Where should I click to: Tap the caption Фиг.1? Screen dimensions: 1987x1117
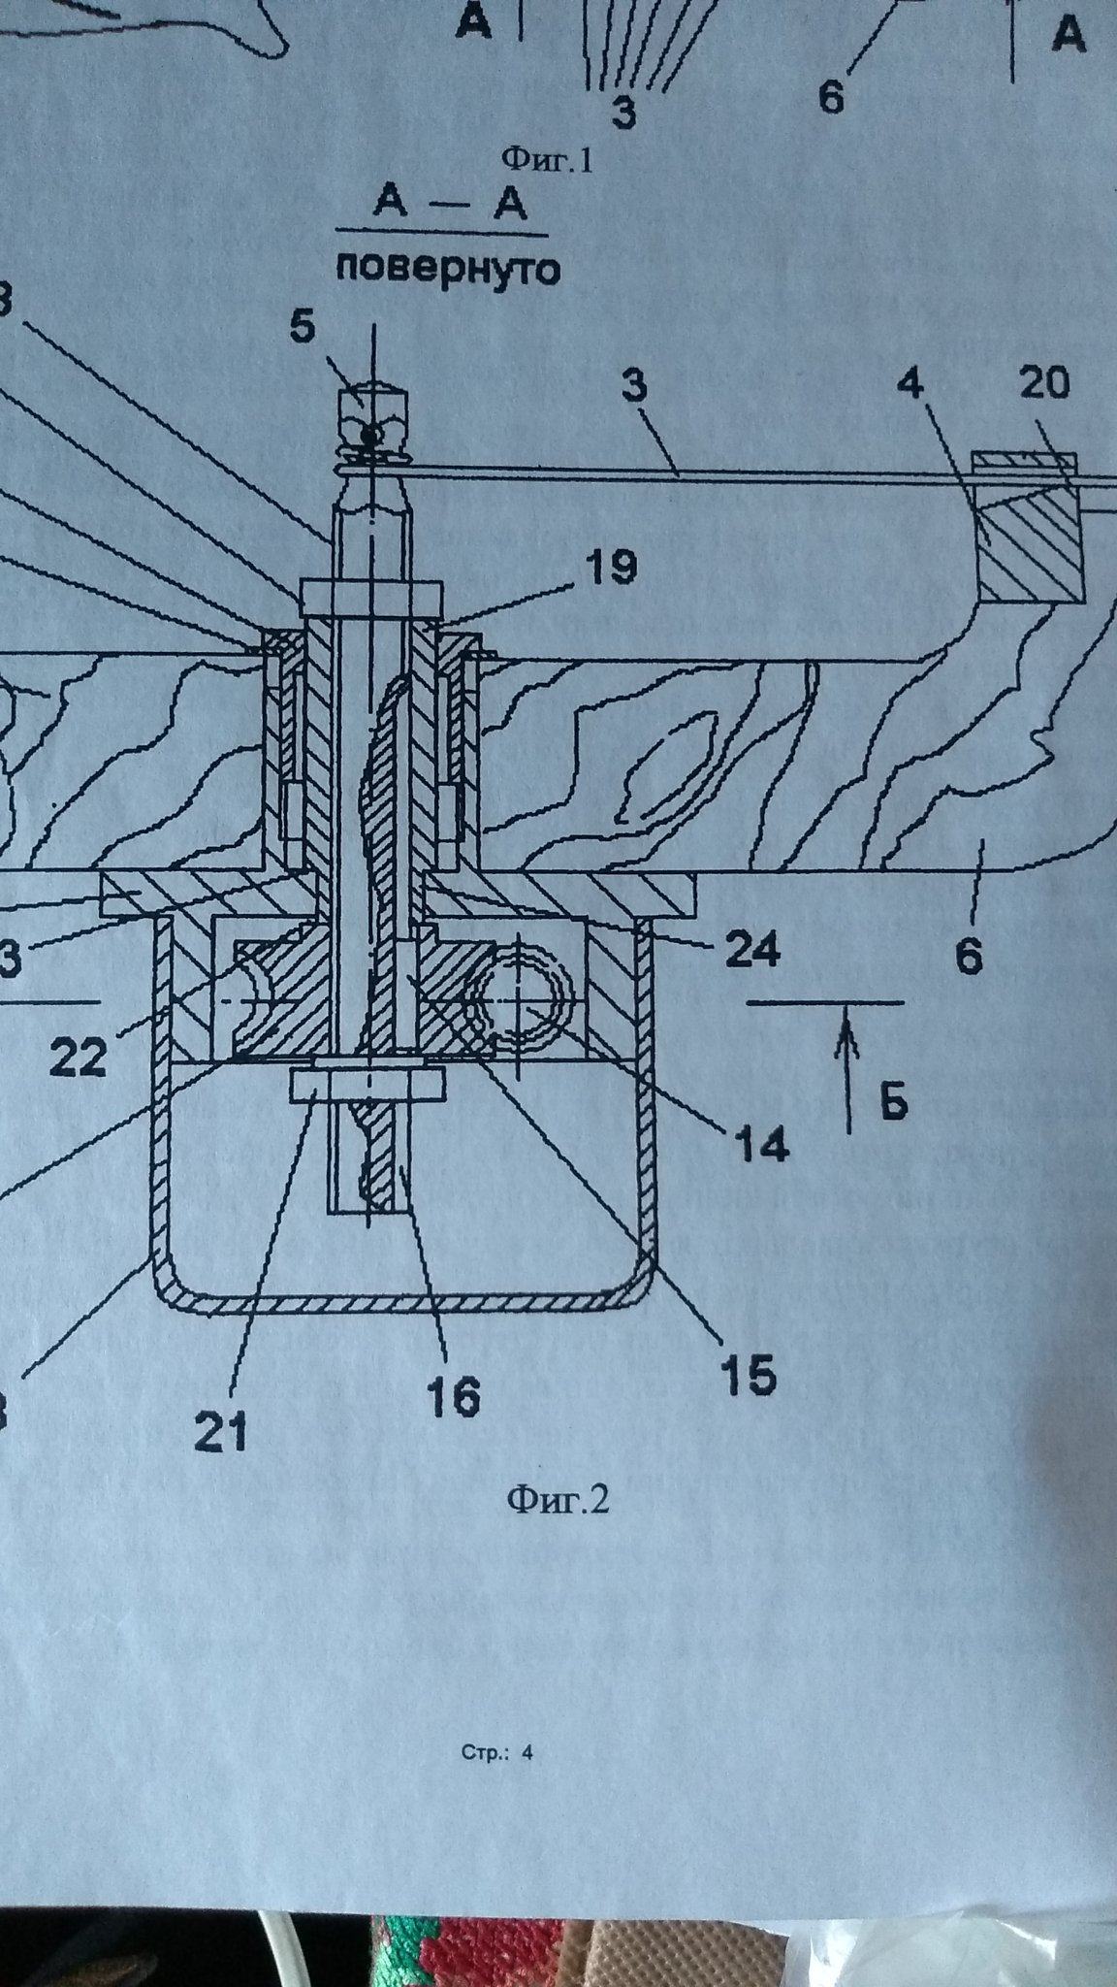pos(545,157)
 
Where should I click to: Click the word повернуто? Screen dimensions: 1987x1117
pos(448,268)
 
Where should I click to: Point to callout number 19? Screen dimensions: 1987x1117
pos(608,567)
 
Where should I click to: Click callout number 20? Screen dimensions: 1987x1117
pos(1044,385)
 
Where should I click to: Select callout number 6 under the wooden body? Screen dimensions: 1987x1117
pos(969,955)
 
